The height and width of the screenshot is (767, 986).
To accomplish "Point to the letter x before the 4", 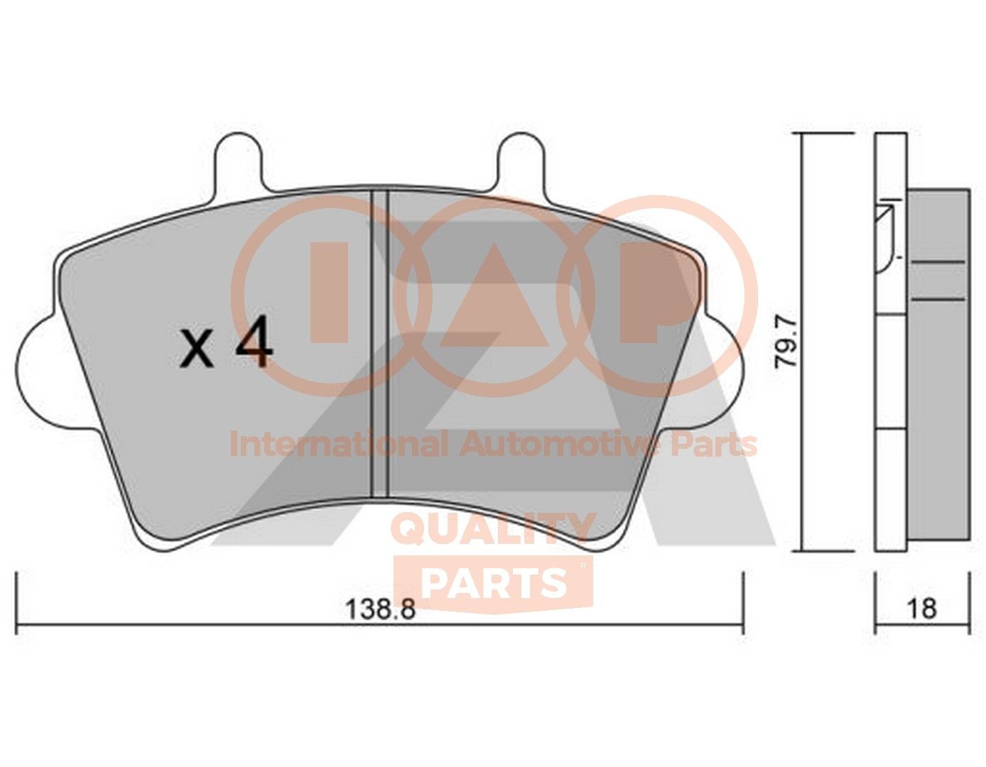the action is (197, 352).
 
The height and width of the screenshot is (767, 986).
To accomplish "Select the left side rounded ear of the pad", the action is (36, 372).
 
